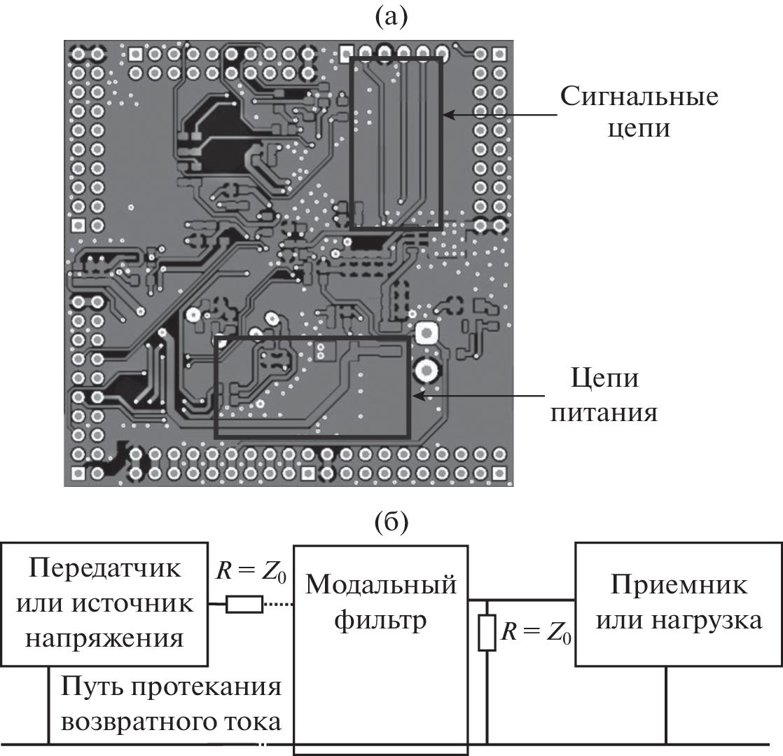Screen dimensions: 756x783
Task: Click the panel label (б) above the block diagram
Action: [391, 521]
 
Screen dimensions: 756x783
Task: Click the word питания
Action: [604, 413]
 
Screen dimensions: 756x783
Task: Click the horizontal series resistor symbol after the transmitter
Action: [244, 604]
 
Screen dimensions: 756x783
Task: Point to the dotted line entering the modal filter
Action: [278, 604]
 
